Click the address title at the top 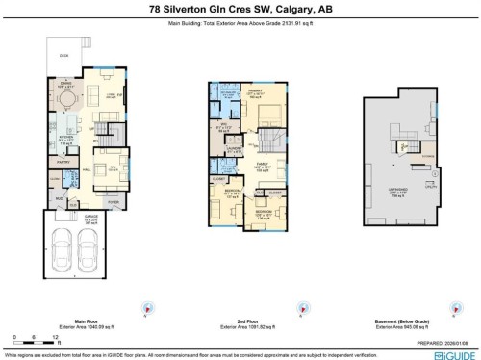(x=240, y=9)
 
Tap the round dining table (x=66, y=97)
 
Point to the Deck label (x=65, y=56)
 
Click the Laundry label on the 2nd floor (x=234, y=146)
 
